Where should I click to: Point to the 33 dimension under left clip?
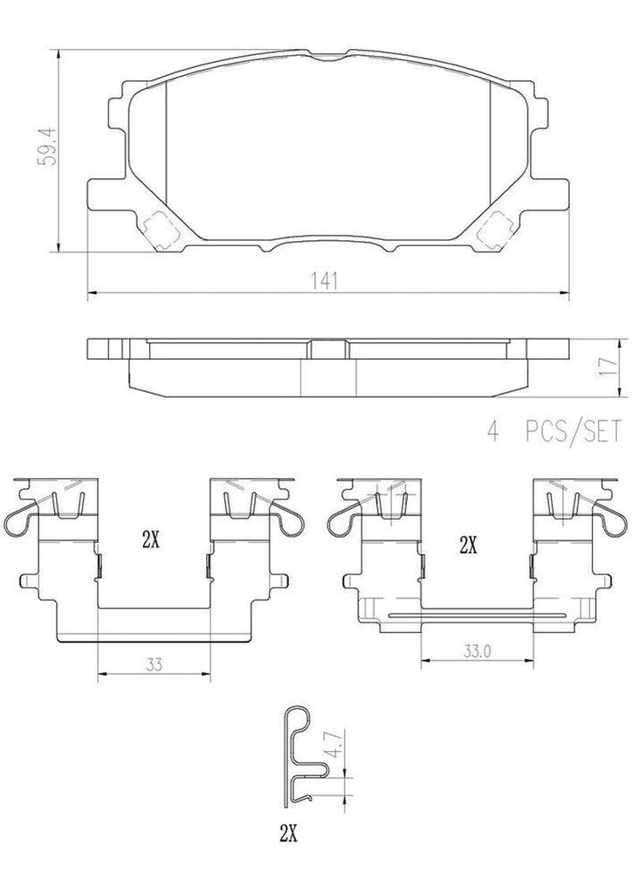pos(154,662)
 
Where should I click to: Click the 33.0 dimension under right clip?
pos(476,650)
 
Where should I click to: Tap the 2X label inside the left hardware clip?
pos(150,540)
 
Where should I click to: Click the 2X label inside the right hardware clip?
pos(468,547)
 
